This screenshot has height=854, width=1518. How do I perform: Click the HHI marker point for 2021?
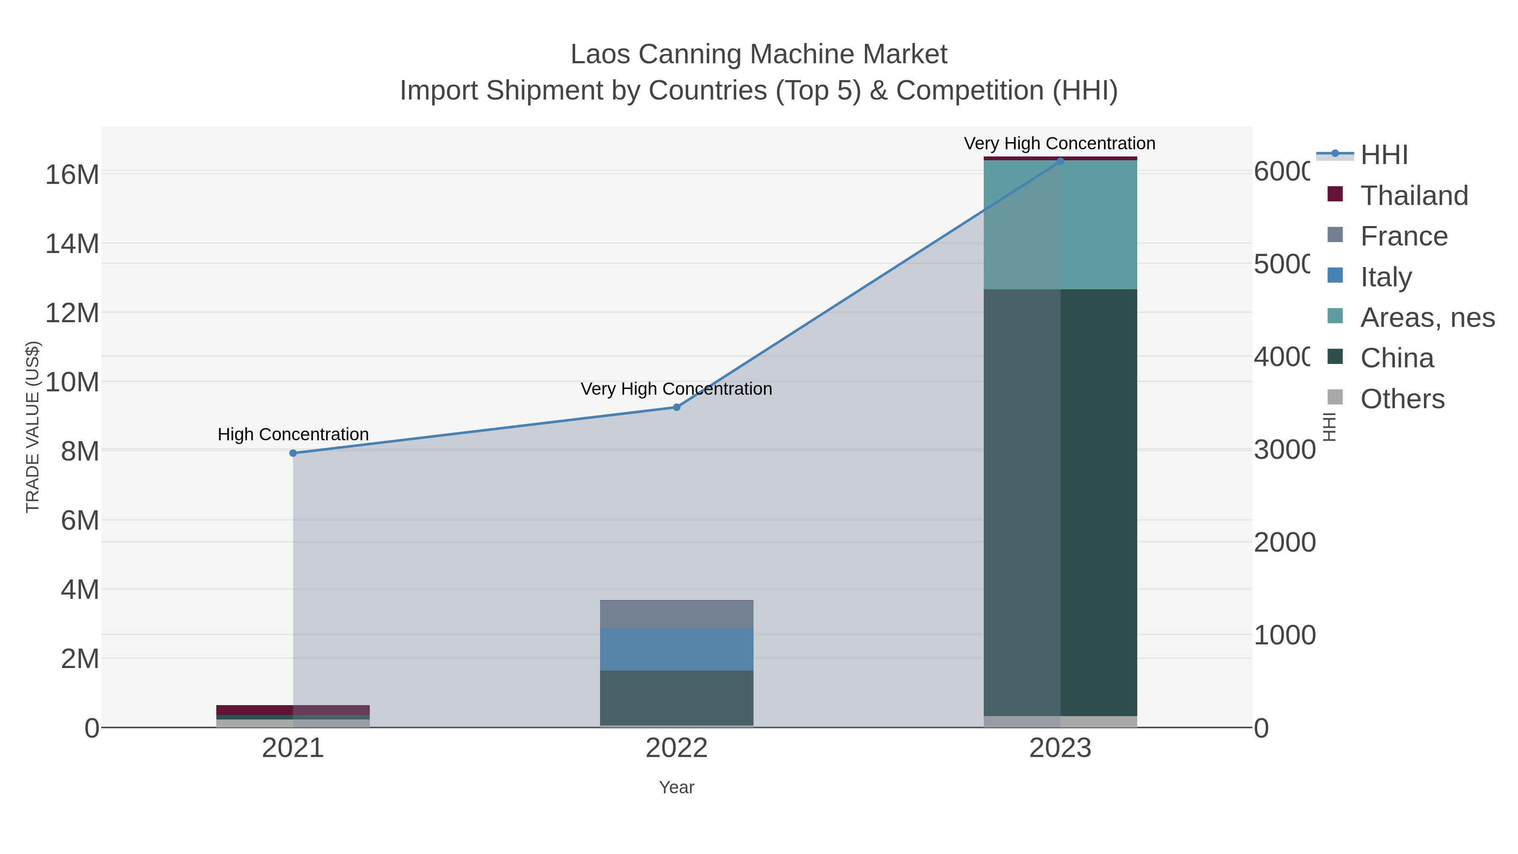(293, 453)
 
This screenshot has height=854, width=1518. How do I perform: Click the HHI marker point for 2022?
(676, 407)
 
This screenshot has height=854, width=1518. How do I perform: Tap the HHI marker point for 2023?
(1060, 161)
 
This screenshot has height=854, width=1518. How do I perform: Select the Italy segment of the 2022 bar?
(676, 649)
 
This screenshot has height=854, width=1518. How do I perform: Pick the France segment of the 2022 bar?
(676, 614)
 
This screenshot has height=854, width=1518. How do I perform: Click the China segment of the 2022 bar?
(676, 698)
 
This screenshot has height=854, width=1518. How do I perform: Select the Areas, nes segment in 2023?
(1060, 224)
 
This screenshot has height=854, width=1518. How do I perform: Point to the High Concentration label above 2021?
(293, 434)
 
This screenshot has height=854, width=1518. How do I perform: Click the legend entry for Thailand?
(1414, 196)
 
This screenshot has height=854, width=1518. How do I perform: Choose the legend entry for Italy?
(1386, 277)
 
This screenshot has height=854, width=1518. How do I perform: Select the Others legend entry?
(1402, 399)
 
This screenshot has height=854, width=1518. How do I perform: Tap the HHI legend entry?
(1383, 155)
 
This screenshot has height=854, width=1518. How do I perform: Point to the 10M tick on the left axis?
(72, 382)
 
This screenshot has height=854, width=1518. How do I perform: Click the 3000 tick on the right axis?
(1284, 450)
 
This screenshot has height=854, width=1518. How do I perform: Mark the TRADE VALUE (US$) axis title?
(33, 427)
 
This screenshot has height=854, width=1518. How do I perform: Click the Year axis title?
(676, 787)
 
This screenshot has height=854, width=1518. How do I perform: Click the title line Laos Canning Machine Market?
(759, 54)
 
